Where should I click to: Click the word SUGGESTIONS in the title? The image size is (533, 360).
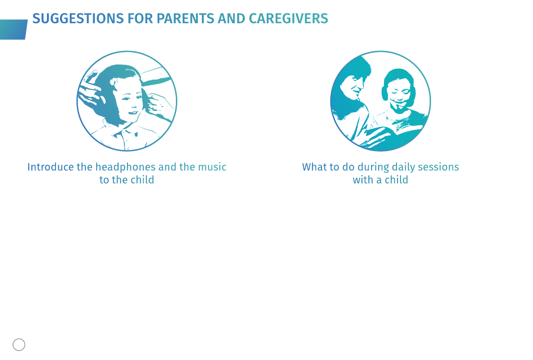coord(78,19)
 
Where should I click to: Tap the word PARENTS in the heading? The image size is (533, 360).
coord(185,19)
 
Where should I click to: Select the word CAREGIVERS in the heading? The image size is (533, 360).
coord(289,19)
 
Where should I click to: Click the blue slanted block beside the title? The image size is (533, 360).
coord(13,30)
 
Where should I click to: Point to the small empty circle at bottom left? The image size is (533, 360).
coord(19,345)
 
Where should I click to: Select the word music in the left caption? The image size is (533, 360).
coord(213,167)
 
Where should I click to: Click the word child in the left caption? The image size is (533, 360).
coord(142,180)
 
